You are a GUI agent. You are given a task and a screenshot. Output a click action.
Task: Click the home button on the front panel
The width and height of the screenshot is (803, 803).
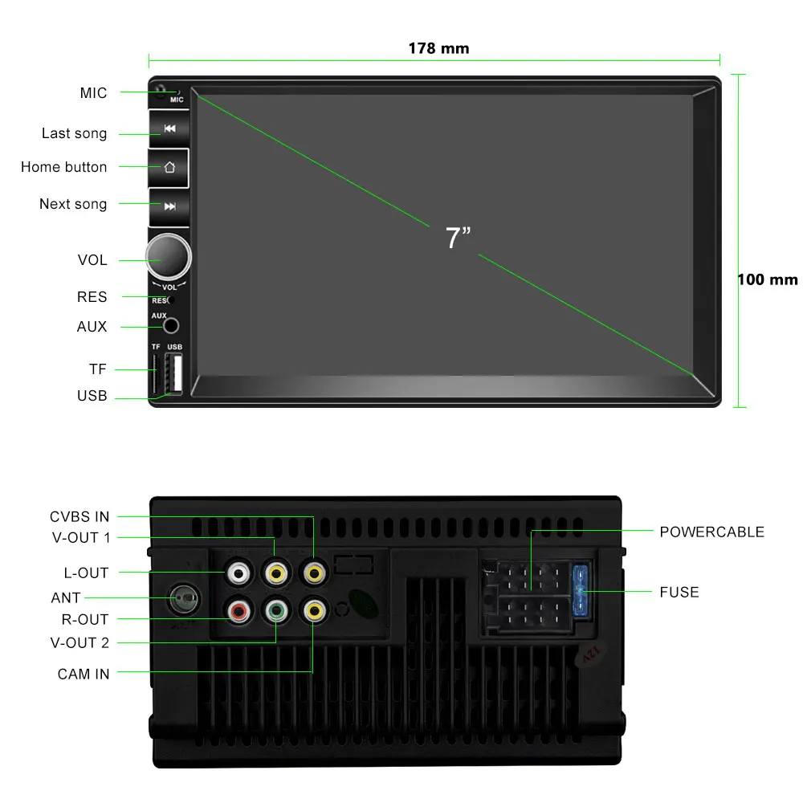tap(169, 168)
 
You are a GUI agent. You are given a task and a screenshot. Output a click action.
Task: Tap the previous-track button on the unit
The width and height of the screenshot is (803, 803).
tap(169, 128)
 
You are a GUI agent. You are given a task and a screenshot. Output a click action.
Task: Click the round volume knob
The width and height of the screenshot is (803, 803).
tap(169, 257)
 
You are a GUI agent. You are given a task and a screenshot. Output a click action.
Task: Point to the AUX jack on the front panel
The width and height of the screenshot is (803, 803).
tap(171, 325)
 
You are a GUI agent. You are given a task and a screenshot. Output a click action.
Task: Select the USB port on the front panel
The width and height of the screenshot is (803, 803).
tap(173, 373)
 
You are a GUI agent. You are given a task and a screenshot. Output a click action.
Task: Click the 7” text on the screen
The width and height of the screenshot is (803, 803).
tap(458, 238)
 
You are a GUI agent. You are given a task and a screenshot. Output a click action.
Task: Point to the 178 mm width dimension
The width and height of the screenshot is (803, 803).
tap(438, 48)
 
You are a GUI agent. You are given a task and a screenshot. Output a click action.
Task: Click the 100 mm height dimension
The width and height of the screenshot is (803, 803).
tap(767, 280)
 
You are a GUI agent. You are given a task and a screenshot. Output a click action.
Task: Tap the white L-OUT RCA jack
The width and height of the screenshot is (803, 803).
tap(238, 573)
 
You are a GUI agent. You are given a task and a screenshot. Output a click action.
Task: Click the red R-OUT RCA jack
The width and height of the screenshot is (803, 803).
tap(238, 613)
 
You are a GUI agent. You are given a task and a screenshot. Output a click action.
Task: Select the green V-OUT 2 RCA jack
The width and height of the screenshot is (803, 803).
tap(276, 613)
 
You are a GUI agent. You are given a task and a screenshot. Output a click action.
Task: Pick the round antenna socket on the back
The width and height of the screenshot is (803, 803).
tap(184, 598)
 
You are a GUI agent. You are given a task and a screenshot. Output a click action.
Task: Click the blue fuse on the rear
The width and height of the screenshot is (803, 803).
tap(581, 593)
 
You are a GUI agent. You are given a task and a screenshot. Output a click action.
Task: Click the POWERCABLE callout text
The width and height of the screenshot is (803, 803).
tap(711, 532)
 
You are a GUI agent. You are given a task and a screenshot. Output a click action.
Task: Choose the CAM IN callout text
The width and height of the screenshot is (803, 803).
tap(84, 675)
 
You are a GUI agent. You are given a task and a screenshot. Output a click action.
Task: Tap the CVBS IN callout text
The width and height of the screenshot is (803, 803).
tap(79, 517)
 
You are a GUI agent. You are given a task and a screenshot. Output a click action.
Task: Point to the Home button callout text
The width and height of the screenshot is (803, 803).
tap(63, 167)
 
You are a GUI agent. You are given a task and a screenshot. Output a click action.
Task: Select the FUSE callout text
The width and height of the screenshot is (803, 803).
tap(679, 593)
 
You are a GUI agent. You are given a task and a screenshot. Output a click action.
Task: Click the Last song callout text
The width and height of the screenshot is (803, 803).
tap(74, 133)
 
